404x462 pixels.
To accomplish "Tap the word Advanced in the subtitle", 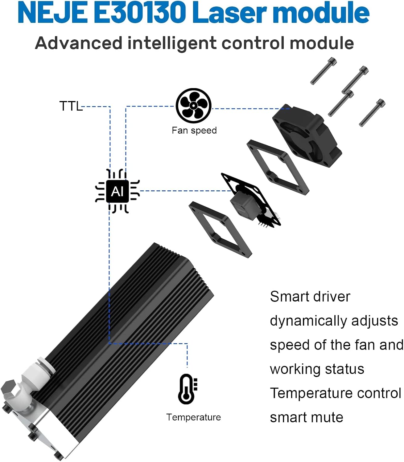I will click(79, 43).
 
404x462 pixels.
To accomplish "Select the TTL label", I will click(71, 106).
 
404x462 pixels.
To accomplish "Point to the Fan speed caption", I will click(194, 130).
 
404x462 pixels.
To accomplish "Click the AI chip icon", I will click(117, 191).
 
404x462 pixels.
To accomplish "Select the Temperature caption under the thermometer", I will click(193, 417).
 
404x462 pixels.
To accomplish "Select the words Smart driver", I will click(310, 297).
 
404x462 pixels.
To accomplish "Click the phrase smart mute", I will click(306, 417).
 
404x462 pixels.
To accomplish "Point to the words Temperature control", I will click(335, 393).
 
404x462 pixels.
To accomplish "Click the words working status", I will click(317, 369).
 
